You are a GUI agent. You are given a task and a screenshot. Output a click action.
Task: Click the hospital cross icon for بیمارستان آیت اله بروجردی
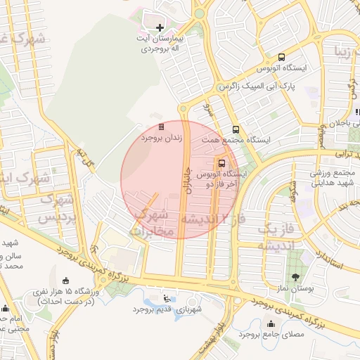(160, 27)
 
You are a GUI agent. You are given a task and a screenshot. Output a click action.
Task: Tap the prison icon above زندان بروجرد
(161, 127)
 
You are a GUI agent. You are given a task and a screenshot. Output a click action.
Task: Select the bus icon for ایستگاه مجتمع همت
(236, 129)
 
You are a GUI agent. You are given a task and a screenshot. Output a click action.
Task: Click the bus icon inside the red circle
(222, 162)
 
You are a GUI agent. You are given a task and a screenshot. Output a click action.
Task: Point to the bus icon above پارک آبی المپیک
(281, 57)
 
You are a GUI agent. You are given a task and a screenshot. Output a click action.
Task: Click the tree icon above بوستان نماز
(295, 276)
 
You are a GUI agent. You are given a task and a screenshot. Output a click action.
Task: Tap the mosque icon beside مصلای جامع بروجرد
(271, 324)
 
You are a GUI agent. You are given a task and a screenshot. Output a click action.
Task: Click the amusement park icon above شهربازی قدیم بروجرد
(167, 297)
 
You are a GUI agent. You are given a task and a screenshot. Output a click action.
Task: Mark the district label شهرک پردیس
(52, 209)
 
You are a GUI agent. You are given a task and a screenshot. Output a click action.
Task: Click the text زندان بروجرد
(161, 139)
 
